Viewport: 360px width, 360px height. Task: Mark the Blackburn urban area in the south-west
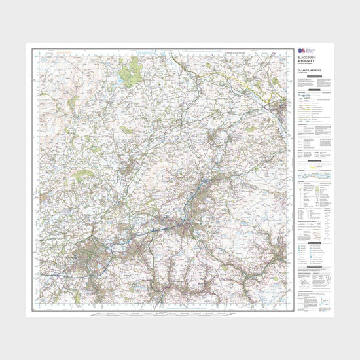87,256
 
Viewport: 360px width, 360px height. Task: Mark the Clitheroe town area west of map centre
131,170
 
